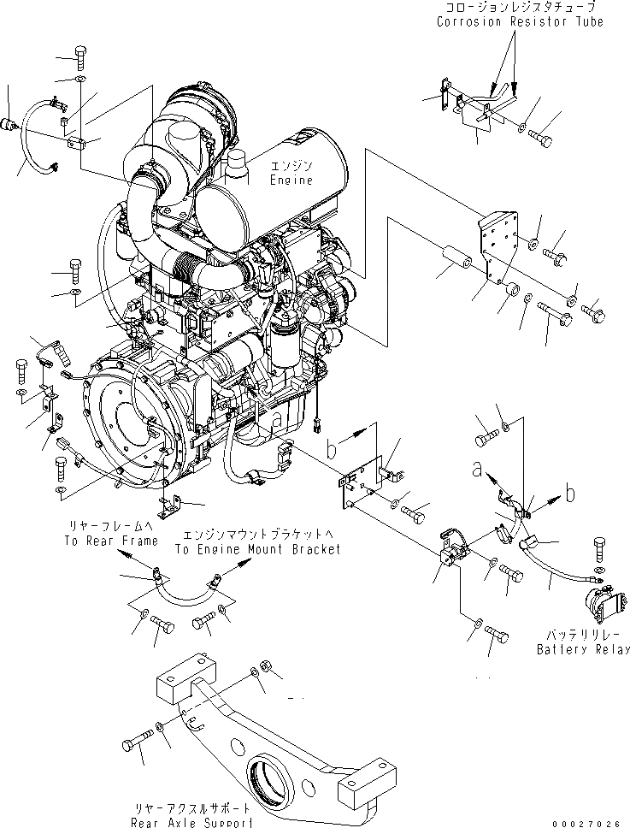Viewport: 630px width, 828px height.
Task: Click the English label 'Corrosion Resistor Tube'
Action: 519,21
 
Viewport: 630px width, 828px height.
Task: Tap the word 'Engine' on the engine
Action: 291,180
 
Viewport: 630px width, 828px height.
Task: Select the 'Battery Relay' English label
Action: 583,649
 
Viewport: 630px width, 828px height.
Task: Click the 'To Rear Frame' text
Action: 110,541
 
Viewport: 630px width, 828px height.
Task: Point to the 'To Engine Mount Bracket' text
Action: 257,549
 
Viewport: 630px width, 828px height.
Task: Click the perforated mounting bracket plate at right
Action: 501,245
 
